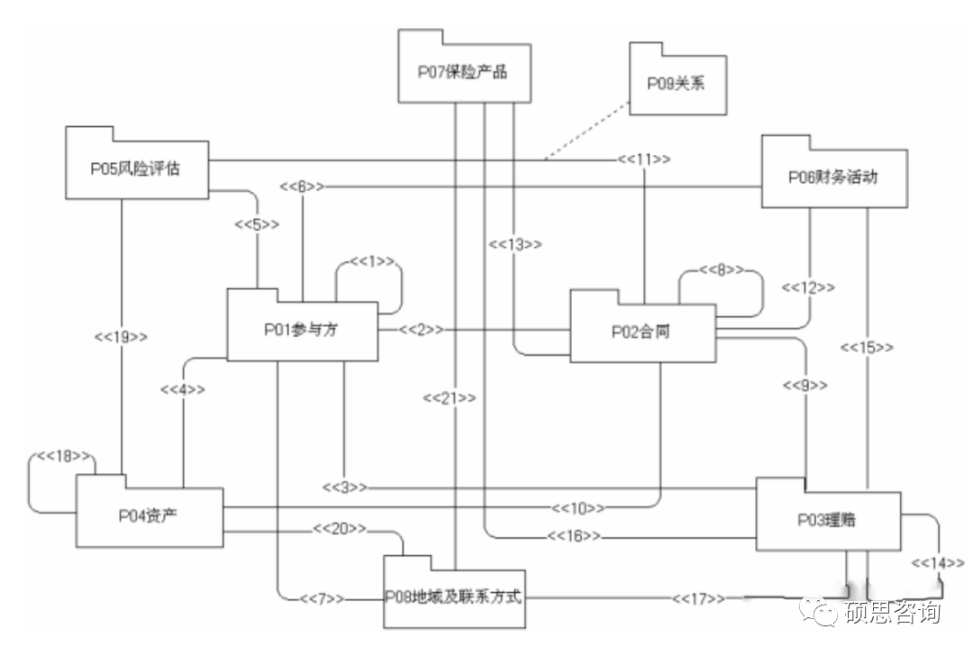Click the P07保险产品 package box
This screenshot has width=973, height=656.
click(x=463, y=73)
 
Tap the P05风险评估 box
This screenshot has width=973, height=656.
click(x=136, y=169)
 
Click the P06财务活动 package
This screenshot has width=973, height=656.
click(x=833, y=178)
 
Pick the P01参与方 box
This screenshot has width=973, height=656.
click(x=301, y=330)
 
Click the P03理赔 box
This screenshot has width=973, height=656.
click(x=827, y=519)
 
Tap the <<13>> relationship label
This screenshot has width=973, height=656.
click(x=515, y=244)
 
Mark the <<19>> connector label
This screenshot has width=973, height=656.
click(x=121, y=336)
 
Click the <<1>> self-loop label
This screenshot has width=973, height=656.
click(x=372, y=261)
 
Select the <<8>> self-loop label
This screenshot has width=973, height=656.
click(x=722, y=269)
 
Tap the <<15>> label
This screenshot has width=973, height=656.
click(x=867, y=347)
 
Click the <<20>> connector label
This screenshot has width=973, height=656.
click(x=340, y=528)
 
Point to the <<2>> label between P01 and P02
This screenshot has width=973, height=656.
click(x=421, y=330)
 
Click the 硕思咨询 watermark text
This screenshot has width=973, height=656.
click(x=893, y=613)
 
